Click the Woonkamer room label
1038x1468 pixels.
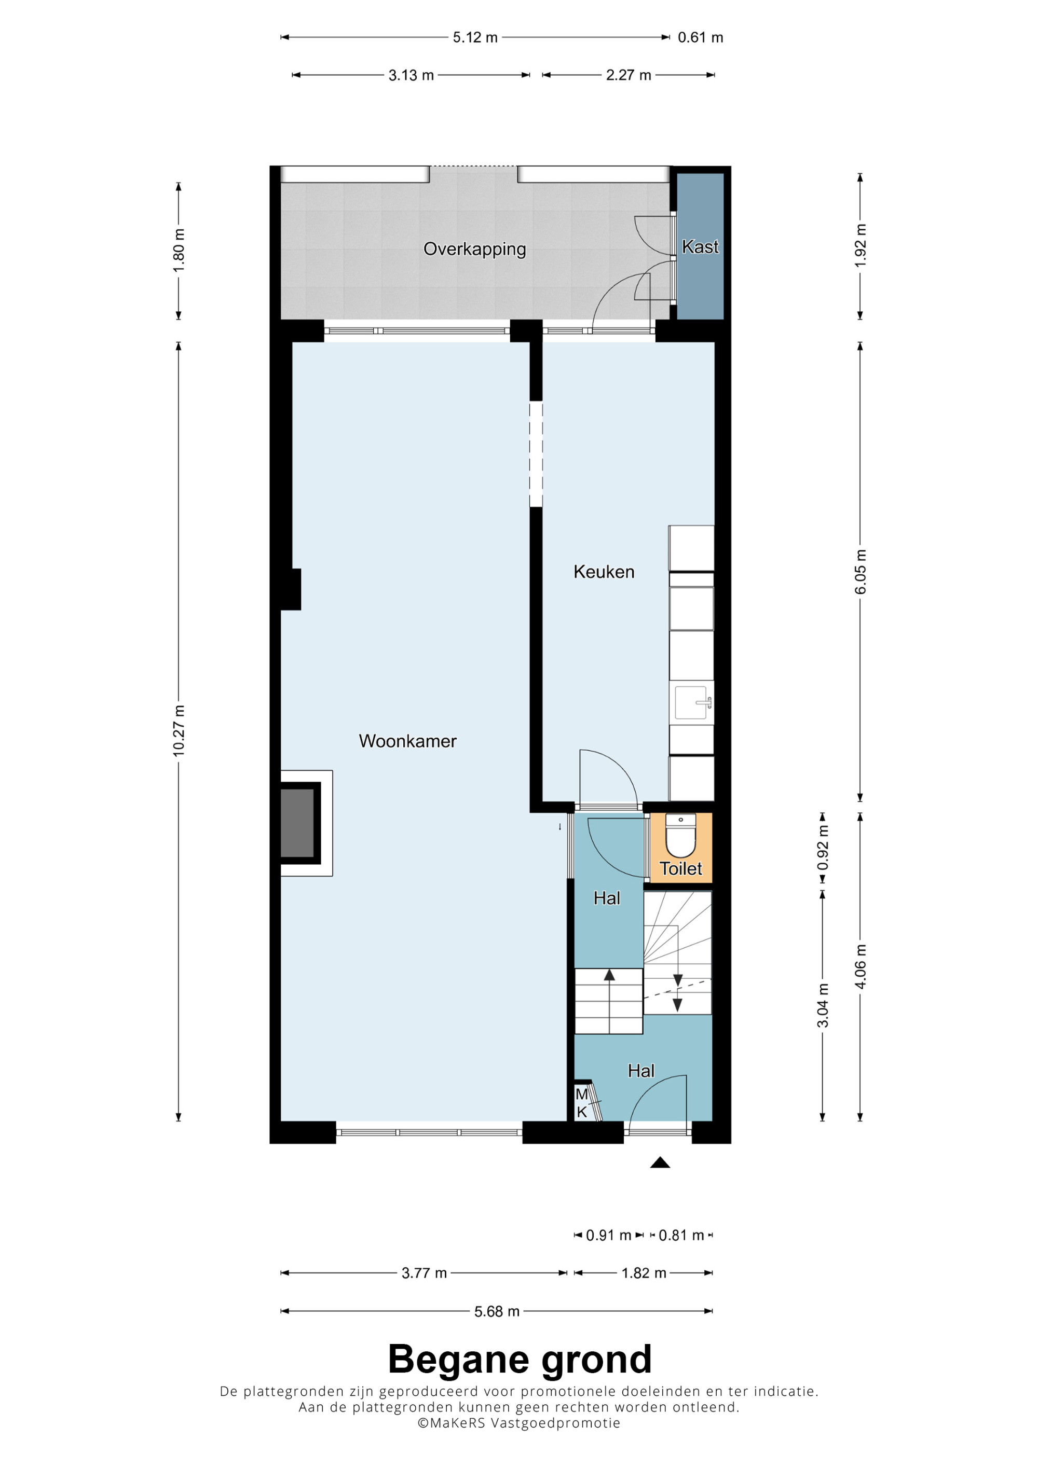point(407,741)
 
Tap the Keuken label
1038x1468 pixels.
point(604,572)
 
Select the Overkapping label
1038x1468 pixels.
point(474,248)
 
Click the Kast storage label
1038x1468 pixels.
point(700,247)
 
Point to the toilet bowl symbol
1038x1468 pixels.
point(680,835)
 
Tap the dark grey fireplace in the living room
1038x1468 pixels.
point(297,823)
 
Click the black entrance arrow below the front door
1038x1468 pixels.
point(660,1162)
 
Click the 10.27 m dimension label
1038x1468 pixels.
point(179,731)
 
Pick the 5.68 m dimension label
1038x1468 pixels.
point(496,1311)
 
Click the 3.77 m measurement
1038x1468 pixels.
point(424,1273)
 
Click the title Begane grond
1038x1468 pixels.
point(520,1360)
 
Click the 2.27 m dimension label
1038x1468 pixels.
point(628,75)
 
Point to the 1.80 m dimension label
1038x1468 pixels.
point(179,250)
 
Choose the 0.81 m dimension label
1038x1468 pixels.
point(681,1235)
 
